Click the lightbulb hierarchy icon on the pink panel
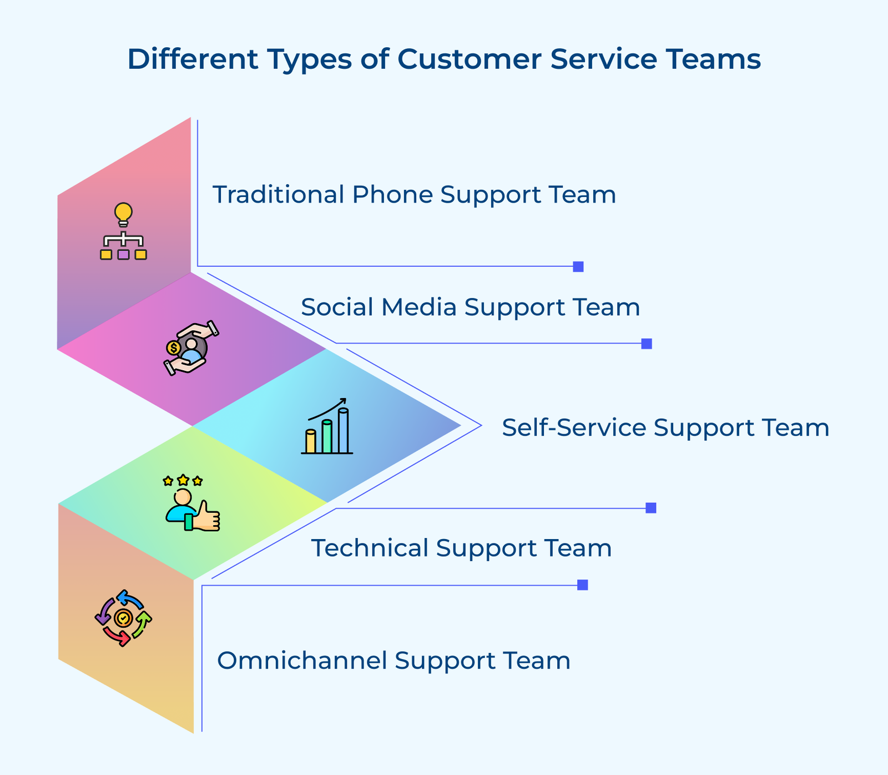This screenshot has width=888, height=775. (x=123, y=232)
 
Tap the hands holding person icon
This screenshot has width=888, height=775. (x=191, y=348)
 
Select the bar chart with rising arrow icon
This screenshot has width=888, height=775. (x=327, y=426)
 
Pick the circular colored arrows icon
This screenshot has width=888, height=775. (x=123, y=618)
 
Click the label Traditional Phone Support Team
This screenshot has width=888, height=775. (x=414, y=195)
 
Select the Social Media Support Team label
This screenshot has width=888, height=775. (x=470, y=307)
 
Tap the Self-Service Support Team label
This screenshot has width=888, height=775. (x=665, y=427)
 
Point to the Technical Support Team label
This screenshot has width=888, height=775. (x=461, y=548)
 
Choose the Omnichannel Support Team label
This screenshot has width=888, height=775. (x=393, y=661)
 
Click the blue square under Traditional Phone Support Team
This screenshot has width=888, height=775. (x=578, y=266)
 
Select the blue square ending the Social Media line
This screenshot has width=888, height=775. (x=646, y=344)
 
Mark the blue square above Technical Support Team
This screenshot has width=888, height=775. (x=651, y=508)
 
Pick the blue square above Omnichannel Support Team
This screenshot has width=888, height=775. (x=582, y=585)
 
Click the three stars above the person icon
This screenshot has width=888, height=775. (x=183, y=480)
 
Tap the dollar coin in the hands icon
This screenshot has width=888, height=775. (x=173, y=348)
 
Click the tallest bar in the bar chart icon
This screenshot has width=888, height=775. (x=343, y=431)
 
